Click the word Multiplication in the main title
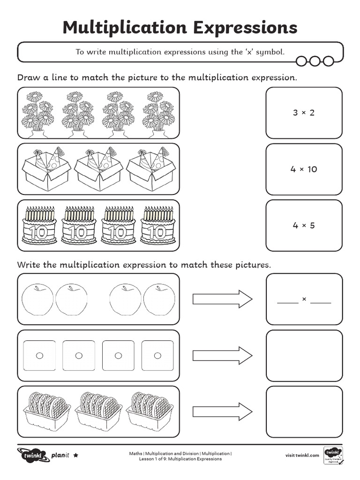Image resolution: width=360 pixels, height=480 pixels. pos(120,28)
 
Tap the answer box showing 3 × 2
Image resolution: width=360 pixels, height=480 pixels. pos(304,113)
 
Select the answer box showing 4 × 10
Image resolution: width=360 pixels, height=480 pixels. pos(304,169)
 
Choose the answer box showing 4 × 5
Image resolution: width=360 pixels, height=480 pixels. pos(304,225)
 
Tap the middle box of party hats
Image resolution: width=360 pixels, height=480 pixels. pos(98,169)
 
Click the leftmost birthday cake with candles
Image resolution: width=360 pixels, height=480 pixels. pos(39,225)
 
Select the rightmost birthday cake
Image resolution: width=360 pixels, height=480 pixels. pos(158,225)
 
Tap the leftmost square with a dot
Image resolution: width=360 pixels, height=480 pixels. pos(39,355)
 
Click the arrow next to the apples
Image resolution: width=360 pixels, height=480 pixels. pos(222,299)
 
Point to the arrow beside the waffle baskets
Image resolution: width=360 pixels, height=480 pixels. pos(222,412)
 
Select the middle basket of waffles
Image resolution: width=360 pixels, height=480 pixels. pos(98,411)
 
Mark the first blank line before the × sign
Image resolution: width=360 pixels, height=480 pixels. pos(287,302)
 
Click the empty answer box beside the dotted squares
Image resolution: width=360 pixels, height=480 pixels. pos(304,355)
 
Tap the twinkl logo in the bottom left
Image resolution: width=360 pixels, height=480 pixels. pos(32,455)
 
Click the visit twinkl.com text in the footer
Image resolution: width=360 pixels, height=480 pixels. pos(302,455)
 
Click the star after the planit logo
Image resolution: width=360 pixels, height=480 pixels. pos(76,455)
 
